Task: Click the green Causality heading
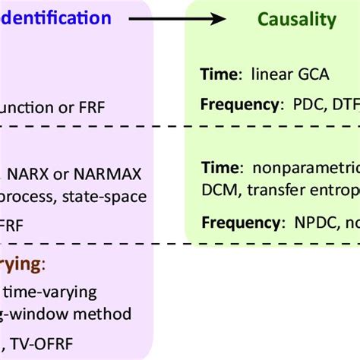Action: [x=296, y=20]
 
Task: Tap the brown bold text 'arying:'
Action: [x=23, y=264]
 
